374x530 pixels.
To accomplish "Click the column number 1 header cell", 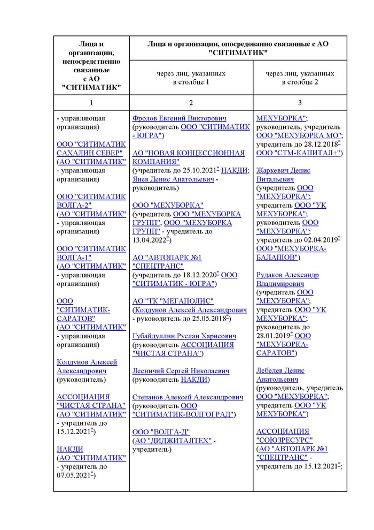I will [91, 103].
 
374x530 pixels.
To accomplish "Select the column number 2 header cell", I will [191, 103].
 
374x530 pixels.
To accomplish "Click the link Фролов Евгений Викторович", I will [180, 118].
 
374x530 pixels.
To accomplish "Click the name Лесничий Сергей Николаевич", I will [181, 371].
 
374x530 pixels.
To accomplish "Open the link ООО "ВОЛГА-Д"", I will [161, 432].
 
